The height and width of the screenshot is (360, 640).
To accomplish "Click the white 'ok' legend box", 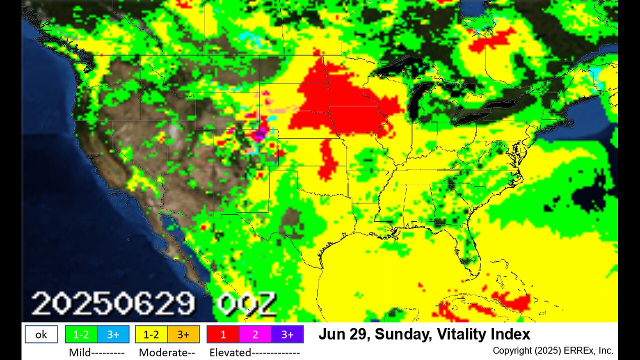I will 41,334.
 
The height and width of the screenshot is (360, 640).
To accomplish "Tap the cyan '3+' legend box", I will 113,334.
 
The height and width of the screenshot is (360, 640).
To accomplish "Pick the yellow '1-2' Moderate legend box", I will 151,334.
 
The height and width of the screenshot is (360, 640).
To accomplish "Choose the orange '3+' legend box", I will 183,334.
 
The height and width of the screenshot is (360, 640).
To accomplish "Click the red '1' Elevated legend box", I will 222,334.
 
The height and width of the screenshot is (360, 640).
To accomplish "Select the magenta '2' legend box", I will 255,334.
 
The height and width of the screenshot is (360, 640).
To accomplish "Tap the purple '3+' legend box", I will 287,334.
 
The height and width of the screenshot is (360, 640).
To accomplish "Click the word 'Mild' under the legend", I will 80,352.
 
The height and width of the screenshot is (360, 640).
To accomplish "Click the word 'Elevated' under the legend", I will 230,352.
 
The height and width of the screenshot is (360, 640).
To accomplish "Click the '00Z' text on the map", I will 246,303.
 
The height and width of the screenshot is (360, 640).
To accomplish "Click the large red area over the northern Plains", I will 340,102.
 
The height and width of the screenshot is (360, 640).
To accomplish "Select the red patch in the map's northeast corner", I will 492,40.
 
